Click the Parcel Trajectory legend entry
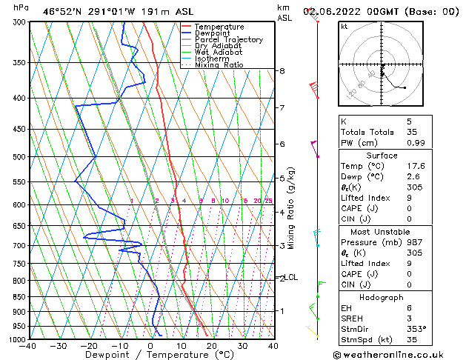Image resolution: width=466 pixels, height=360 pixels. pos(228,40)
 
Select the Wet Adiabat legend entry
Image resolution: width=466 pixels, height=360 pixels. pos(221,53)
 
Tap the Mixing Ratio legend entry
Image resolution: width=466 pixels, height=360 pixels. pos(219,65)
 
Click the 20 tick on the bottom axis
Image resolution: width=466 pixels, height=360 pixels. pos(212,346)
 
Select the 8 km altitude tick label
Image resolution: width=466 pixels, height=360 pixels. pos(282,71)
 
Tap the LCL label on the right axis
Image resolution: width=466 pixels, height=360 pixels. pos(291,278)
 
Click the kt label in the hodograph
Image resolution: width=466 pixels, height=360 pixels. pos(344,27)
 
